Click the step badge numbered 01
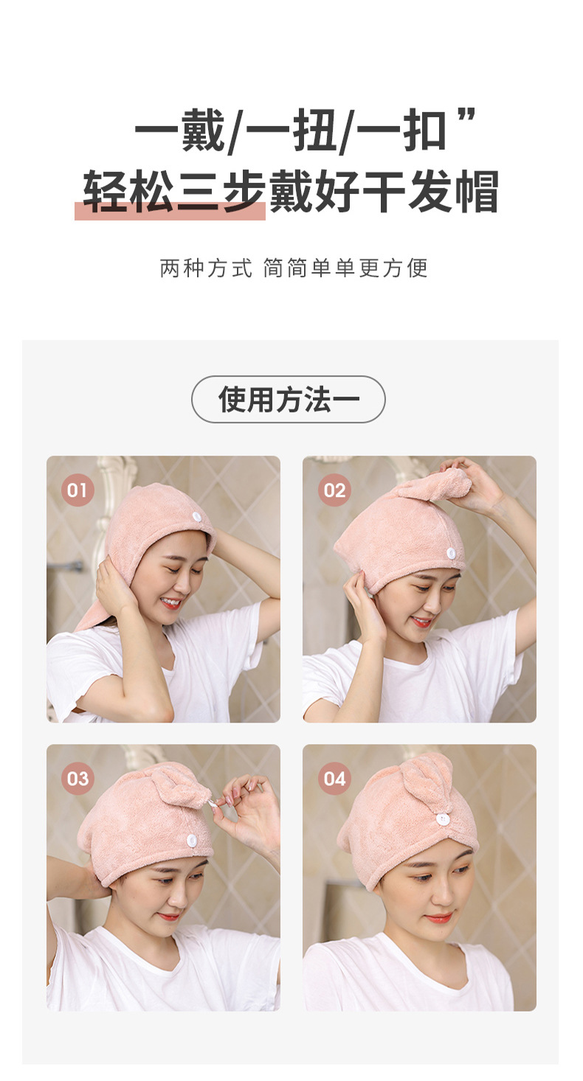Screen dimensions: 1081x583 (x=77, y=490)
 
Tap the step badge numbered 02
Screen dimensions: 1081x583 (x=334, y=490)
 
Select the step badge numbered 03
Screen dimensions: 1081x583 (x=77, y=779)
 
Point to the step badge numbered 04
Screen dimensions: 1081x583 (x=334, y=779)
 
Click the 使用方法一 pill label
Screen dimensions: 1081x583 (x=289, y=400)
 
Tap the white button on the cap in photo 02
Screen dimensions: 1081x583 (x=451, y=553)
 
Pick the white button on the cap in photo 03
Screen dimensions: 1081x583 (x=191, y=839)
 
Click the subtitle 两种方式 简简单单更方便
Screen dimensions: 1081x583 (x=294, y=268)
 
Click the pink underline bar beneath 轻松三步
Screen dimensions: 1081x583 (x=170, y=212)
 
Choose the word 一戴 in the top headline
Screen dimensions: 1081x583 (x=179, y=133)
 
